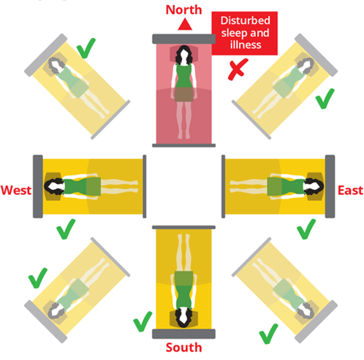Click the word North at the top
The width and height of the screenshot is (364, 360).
click(x=183, y=10)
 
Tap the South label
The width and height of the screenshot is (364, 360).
click(x=183, y=348)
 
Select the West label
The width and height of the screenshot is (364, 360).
click(x=16, y=190)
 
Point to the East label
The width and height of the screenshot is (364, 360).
click(x=350, y=190)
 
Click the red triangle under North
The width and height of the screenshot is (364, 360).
click(x=185, y=26)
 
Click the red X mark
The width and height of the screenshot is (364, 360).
click(x=238, y=69)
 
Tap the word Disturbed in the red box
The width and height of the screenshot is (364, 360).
click(x=245, y=20)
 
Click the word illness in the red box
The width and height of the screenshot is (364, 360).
click(x=246, y=45)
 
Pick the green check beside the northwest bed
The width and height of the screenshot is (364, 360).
click(x=86, y=48)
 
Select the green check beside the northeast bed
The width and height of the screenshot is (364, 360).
click(x=325, y=99)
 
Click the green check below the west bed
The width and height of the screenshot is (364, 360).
click(x=66, y=229)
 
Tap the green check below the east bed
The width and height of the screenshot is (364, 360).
click(x=306, y=229)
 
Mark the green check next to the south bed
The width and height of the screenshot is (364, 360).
click(x=143, y=321)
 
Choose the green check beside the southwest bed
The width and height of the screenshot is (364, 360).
click(x=38, y=278)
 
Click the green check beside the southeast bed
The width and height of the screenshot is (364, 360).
click(x=268, y=334)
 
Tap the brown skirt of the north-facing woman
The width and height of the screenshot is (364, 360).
click(x=183, y=94)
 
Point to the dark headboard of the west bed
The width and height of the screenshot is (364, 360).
click(x=38, y=186)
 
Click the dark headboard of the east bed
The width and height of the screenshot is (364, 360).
click(x=330, y=186)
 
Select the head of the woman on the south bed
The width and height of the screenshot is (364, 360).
click(x=183, y=318)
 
